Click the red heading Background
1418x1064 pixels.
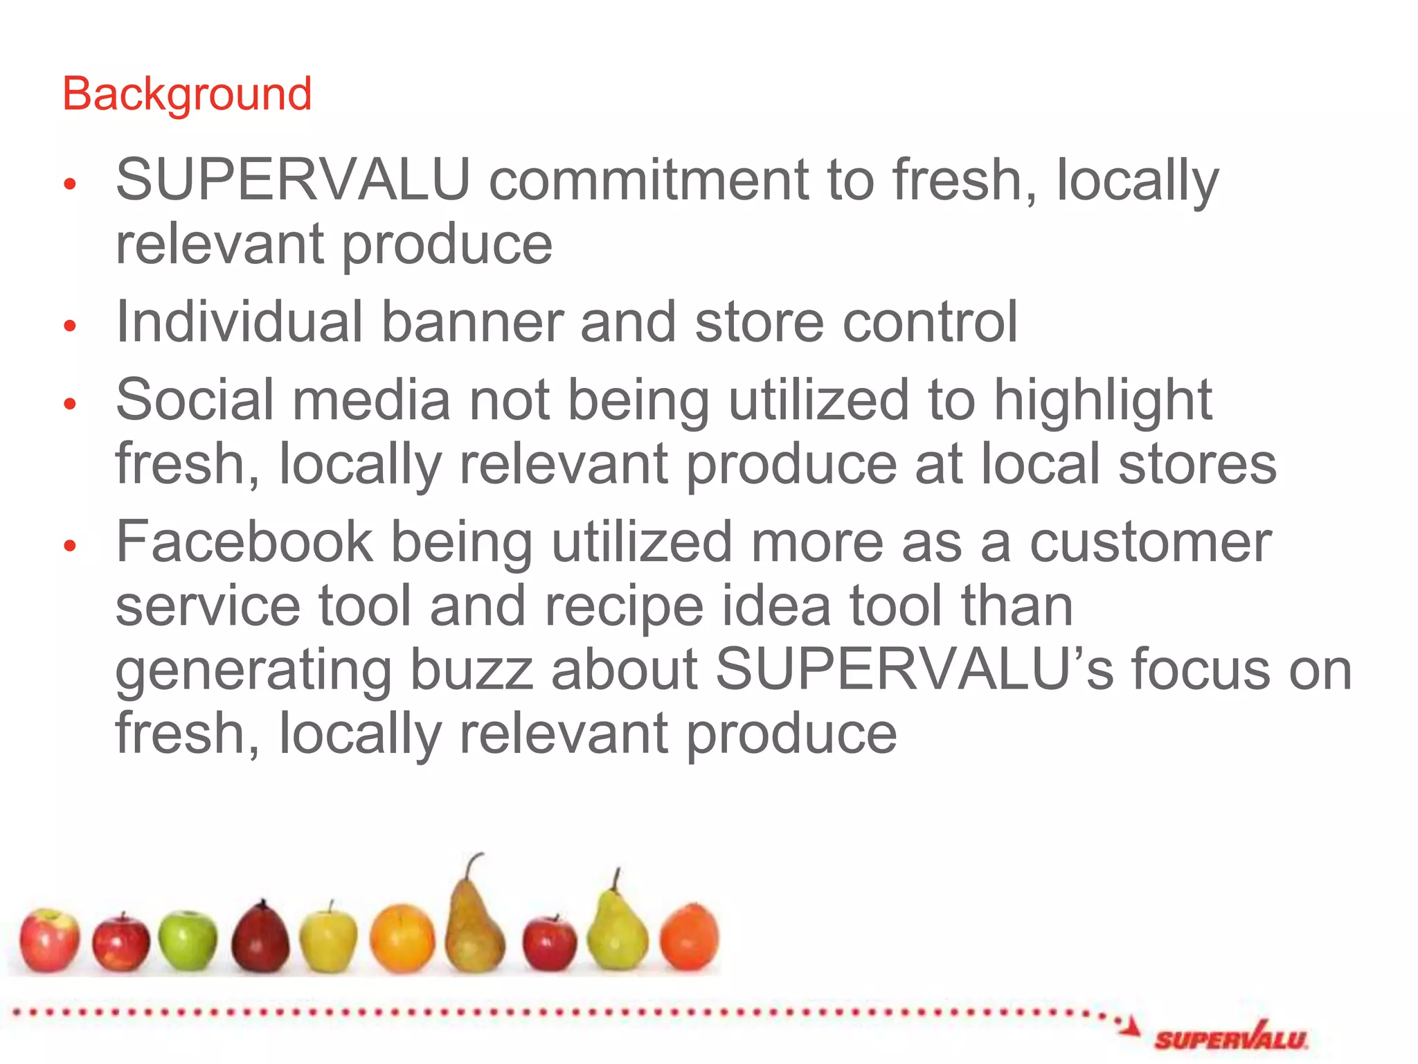click(x=187, y=94)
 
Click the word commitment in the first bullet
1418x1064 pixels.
click(x=649, y=180)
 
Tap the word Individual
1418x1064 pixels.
click(x=239, y=322)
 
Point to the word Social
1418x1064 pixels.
click(x=195, y=400)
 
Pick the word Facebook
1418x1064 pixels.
click(x=244, y=542)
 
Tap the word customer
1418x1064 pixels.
click(x=1150, y=542)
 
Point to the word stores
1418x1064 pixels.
click(x=1197, y=464)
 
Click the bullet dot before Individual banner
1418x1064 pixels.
click(x=69, y=326)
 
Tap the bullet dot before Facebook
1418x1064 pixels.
click(x=69, y=546)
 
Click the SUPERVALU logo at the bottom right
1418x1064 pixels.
click(x=1230, y=1038)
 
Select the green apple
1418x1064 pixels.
click(x=187, y=940)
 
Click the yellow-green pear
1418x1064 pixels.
click(x=616, y=935)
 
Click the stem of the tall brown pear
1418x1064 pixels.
click(x=473, y=866)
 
